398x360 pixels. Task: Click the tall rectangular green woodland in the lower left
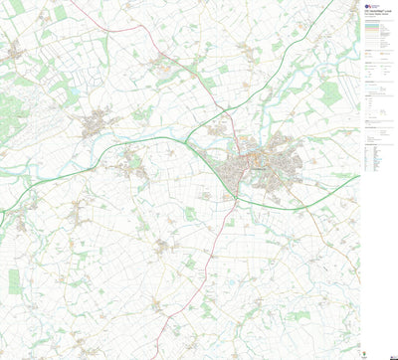click(14, 280)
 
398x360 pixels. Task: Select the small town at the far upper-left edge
click(12, 50)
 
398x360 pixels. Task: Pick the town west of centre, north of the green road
click(97, 125)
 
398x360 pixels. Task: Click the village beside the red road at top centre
click(160, 64)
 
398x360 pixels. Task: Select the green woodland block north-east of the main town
click(329, 94)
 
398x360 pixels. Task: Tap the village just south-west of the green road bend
click(129, 164)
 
